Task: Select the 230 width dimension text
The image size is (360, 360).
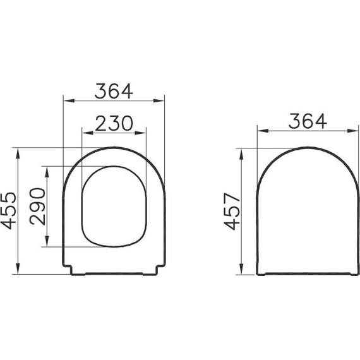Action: tap(114, 123)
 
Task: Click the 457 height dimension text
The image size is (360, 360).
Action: tap(233, 211)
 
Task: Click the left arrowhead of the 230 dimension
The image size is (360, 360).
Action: tap(86, 133)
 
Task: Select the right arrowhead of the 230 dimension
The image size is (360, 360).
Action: tap(143, 133)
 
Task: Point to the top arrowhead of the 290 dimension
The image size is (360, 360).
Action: tap(47, 169)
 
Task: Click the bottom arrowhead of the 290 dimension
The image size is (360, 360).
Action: tap(47, 243)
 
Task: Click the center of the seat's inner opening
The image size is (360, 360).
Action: tap(114, 205)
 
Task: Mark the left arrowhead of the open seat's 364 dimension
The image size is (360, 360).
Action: tap(68, 100)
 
